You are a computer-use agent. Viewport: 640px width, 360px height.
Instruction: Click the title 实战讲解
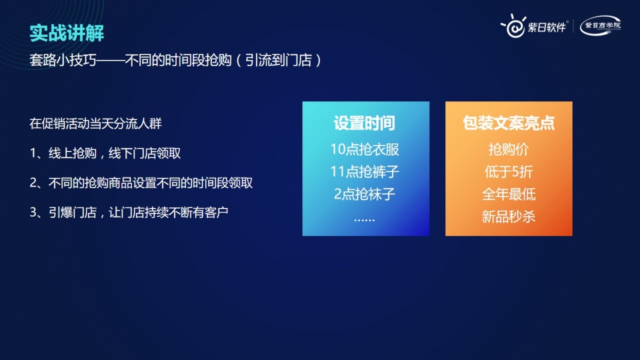tap(67, 33)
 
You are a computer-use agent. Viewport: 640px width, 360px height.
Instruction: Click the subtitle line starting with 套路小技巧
tap(175, 60)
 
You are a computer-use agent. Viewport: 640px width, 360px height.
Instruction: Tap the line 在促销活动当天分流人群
tap(95, 124)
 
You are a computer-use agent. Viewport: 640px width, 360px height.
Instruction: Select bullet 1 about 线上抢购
tap(105, 153)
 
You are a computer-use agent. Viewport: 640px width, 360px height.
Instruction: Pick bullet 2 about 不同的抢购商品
tap(141, 183)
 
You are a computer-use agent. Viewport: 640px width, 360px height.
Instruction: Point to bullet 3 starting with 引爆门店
tap(129, 213)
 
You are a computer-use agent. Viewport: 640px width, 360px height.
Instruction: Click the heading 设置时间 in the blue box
tap(365, 123)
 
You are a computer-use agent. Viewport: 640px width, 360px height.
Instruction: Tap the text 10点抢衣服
tap(365, 149)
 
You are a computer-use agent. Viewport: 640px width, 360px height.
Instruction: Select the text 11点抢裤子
tap(365, 172)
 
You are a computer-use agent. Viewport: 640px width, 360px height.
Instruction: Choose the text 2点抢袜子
tap(365, 194)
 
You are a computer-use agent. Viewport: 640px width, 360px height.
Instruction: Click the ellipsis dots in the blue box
tap(365, 220)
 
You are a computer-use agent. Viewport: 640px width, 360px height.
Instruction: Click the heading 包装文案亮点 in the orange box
tap(509, 123)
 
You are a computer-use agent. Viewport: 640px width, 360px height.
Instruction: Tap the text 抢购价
tap(509, 149)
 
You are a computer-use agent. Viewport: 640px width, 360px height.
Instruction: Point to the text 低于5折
tap(509, 172)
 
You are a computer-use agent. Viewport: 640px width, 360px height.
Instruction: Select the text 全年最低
tap(509, 194)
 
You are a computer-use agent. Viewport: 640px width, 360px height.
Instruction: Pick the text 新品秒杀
tap(509, 217)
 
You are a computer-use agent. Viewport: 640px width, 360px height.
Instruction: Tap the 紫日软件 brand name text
tap(547, 27)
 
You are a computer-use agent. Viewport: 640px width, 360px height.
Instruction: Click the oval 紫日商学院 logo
tap(601, 26)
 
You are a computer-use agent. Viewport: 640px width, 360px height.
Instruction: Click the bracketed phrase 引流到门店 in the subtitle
tap(279, 60)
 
